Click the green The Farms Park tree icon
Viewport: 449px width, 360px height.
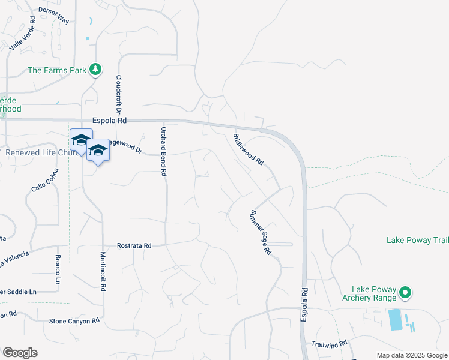click(x=95, y=70)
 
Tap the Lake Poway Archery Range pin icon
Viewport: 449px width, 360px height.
click(x=405, y=293)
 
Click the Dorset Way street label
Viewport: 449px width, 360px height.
click(x=54, y=16)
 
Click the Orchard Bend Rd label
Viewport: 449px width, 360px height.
click(x=163, y=151)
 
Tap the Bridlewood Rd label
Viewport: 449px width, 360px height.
click(x=249, y=149)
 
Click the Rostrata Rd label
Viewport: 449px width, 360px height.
click(x=134, y=246)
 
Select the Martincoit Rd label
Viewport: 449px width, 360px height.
click(x=103, y=271)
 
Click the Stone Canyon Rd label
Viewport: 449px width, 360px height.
click(x=74, y=322)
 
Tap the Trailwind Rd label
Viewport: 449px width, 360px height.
click(x=330, y=344)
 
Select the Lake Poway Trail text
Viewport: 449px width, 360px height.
click(x=417, y=240)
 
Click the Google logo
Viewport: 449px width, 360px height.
click(x=20, y=353)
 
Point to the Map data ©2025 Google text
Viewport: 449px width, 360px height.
click(x=411, y=355)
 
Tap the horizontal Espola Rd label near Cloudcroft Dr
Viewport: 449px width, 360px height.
click(x=109, y=121)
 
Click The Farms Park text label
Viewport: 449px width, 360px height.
click(x=57, y=70)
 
